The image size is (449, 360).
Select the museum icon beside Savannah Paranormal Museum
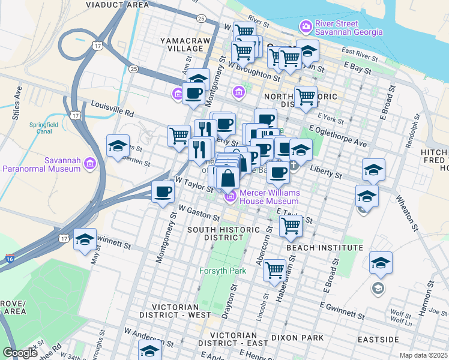(89, 163)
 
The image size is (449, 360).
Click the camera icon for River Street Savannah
(306, 26)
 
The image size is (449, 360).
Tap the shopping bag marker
(228, 178)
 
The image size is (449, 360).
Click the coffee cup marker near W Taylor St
(163, 193)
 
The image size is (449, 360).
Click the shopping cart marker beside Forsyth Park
(274, 269)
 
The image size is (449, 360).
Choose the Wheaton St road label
(412, 211)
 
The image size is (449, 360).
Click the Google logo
(20, 353)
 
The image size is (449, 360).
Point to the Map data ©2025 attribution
(423, 355)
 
